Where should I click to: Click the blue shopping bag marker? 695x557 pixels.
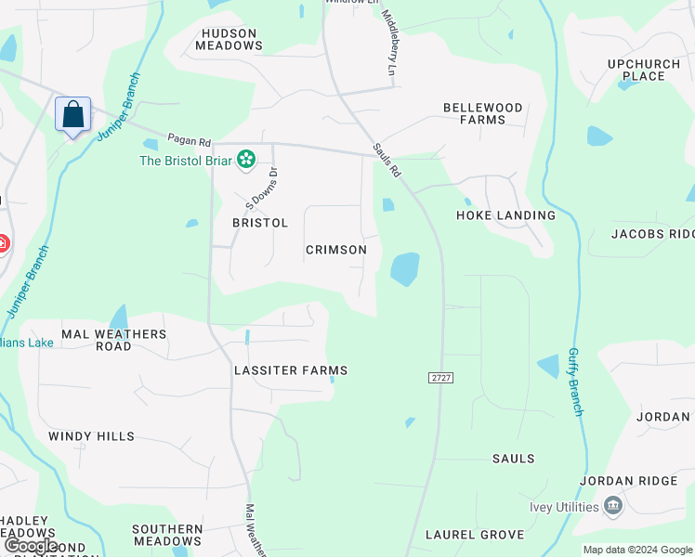(73, 115)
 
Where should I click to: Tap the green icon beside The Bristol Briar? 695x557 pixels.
(246, 161)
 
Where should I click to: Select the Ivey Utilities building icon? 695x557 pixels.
(612, 507)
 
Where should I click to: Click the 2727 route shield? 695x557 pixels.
(440, 378)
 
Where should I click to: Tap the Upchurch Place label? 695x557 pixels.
(637, 70)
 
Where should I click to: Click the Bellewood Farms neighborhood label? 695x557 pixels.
(482, 113)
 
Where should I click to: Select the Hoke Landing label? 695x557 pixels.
(505, 215)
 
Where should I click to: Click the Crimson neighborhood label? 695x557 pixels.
(336, 250)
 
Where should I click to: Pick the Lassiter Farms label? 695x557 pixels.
(291, 370)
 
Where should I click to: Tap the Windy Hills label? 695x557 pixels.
(91, 436)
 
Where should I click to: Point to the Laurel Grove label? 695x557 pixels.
(475, 535)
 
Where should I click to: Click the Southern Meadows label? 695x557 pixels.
(167, 535)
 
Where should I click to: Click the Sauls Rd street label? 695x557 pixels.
(387, 161)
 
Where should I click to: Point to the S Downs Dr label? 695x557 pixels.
(261, 187)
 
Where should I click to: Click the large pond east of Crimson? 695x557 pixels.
(405, 269)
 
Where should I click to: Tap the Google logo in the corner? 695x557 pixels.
(32, 546)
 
